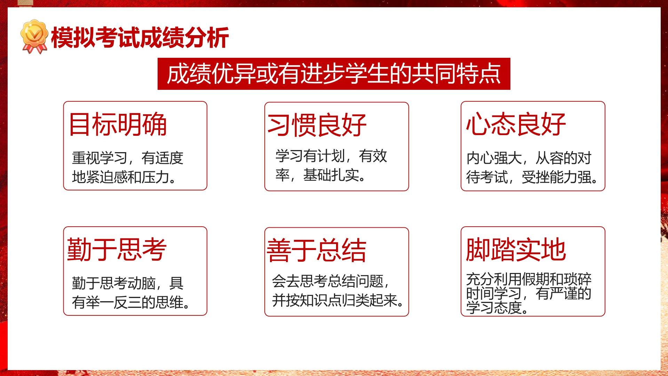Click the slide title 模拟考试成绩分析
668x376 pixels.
tap(140, 37)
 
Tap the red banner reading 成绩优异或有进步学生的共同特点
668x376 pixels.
tap(334, 74)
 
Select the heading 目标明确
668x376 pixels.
tap(118, 124)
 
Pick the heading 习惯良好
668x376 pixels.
tap(317, 125)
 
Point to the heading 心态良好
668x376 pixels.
tap(516, 124)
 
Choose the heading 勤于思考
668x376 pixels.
tap(117, 249)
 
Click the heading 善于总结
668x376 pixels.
tap(317, 250)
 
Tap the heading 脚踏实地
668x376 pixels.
tap(516, 250)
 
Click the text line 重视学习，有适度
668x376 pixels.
tap(128, 158)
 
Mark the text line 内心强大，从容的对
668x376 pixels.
tap(529, 158)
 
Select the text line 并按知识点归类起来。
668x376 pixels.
tap(338, 300)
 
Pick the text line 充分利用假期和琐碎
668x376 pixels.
tap(529, 279)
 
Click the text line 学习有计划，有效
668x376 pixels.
tap(331, 156)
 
